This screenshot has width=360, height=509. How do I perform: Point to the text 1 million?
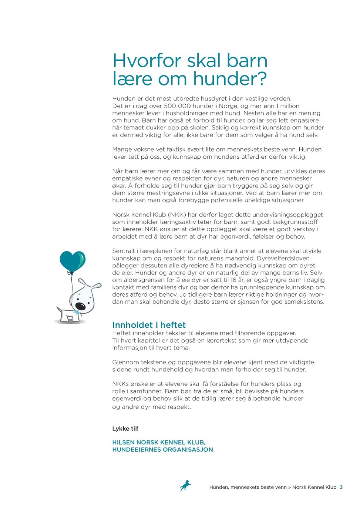[288, 106]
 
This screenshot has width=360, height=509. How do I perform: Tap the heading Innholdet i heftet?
[149, 325]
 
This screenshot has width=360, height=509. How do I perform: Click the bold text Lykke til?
[125, 428]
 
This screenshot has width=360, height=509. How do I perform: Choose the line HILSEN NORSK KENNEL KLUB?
[159, 442]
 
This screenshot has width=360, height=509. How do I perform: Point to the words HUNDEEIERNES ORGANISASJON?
[162, 449]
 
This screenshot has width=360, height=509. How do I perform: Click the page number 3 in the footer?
[341, 487]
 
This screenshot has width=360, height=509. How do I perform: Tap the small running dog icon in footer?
[185, 485]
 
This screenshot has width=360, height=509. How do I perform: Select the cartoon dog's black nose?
[80, 306]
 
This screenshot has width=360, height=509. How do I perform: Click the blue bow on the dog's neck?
[77, 313]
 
